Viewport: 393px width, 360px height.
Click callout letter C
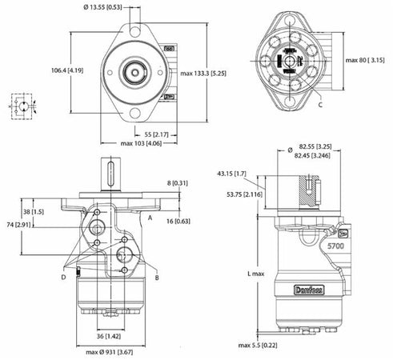[x=320, y=104]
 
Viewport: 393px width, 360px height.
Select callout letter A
[x=150, y=218]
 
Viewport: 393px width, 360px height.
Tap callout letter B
[x=156, y=277]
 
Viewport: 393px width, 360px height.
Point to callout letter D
[x=63, y=277]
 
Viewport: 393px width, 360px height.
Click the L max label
[x=255, y=273]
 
